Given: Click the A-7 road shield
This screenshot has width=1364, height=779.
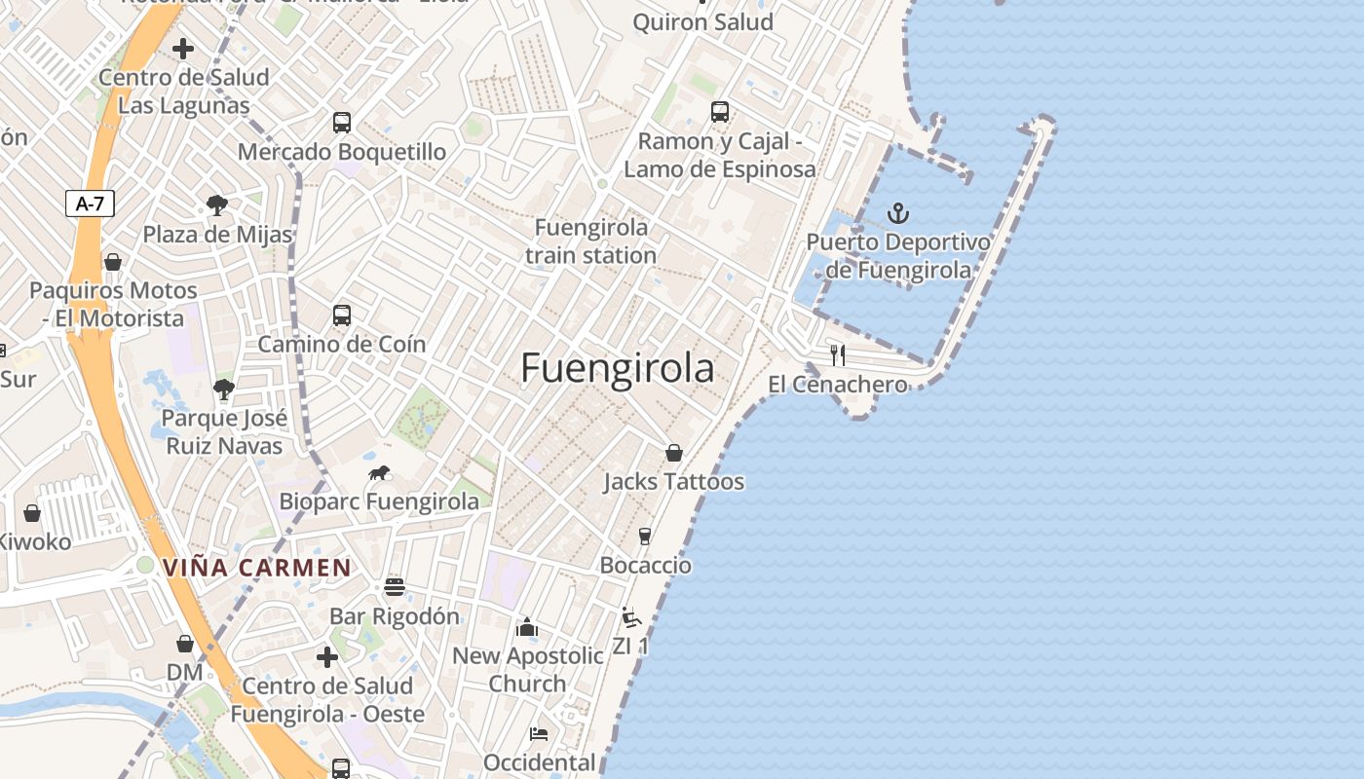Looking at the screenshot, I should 90,204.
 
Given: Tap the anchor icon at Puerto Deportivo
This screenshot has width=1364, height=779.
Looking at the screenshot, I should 897,213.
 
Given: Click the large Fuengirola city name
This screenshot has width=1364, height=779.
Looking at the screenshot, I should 617,368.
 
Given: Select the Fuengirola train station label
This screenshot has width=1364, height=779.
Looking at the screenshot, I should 590,241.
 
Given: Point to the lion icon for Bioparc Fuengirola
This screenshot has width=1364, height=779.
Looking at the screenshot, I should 379,473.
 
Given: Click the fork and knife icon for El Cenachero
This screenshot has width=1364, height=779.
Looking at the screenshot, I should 837,354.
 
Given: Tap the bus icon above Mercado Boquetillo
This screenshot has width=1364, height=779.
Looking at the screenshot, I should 341,123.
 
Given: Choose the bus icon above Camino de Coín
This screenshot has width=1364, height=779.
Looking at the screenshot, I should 341,315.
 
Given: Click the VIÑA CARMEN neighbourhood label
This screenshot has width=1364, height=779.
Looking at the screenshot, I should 257,567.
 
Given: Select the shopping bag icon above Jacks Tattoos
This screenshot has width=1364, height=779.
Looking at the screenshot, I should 673,453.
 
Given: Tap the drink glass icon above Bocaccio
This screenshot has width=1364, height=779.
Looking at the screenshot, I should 644,536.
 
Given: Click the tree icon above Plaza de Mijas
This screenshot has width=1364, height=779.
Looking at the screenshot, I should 217,205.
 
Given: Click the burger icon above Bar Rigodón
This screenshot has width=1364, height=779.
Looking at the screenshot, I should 394,587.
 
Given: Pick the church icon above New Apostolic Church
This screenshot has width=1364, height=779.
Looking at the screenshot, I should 527,627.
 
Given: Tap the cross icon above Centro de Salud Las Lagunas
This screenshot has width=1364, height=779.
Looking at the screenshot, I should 182,49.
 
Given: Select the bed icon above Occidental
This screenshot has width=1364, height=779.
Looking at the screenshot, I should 539,733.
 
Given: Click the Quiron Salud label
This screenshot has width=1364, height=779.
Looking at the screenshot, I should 702,21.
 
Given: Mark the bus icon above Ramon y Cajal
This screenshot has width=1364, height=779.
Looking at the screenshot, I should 719,112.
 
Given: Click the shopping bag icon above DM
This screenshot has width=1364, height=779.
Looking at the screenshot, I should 185,644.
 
